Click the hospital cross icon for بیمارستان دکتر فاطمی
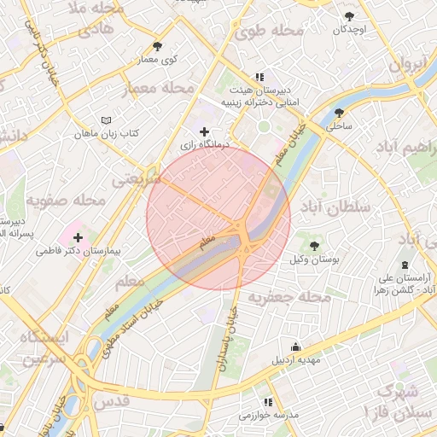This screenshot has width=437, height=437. (78, 236)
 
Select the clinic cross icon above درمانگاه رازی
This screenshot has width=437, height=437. (203, 131)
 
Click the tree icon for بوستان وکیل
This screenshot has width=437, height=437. (314, 245)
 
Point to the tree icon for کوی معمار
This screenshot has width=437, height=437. (156, 46)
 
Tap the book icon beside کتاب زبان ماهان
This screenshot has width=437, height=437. (106, 121)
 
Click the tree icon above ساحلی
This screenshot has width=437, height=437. (339, 112)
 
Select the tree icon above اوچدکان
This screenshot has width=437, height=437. (348, 16)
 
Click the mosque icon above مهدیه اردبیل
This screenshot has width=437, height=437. (295, 347)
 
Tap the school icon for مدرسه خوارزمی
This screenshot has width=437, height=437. (267, 401)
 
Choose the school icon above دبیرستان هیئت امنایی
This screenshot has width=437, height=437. (259, 77)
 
